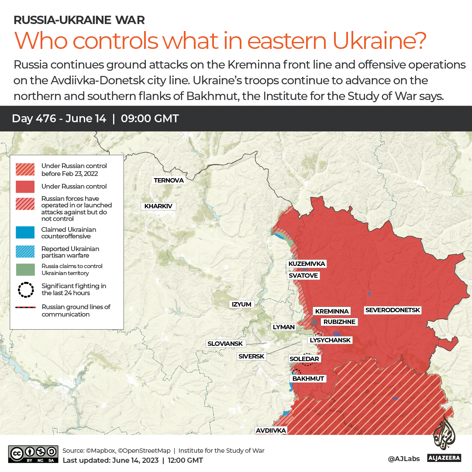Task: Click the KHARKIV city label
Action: (x=158, y=206)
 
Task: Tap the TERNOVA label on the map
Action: (x=169, y=180)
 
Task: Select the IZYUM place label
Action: (x=241, y=304)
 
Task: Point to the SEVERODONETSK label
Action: (x=393, y=310)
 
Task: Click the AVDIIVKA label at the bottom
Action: (x=271, y=431)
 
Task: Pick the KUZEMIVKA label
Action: (x=307, y=264)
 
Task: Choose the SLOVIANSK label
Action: (x=225, y=344)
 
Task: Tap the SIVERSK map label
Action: (x=251, y=356)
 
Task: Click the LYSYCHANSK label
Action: (x=330, y=340)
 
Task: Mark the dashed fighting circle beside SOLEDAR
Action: (x=307, y=359)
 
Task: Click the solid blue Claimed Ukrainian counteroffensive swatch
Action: (x=25, y=233)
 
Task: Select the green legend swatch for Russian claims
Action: (x=25, y=269)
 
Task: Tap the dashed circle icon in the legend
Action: (x=25, y=289)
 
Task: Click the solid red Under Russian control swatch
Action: (x=25, y=186)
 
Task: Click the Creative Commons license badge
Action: (x=33, y=454)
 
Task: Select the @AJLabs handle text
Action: (x=404, y=458)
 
